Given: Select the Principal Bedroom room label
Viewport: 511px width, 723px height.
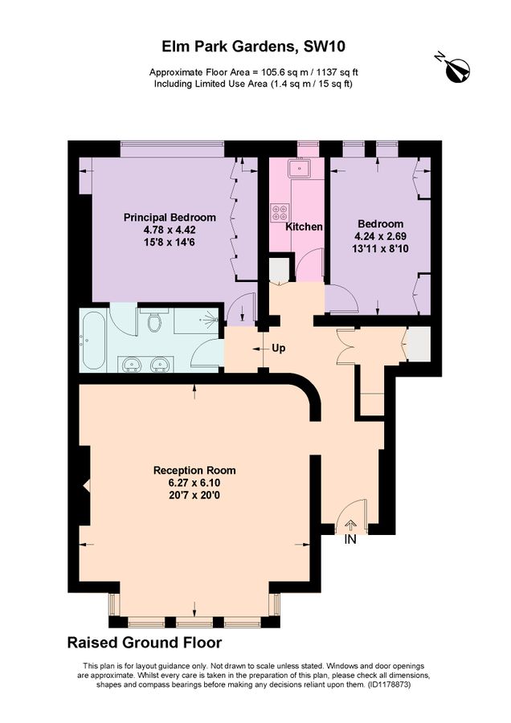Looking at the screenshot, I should (170, 217).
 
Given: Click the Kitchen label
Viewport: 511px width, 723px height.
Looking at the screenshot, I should (305, 227).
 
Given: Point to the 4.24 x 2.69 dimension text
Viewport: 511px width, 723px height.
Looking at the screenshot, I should (380, 237).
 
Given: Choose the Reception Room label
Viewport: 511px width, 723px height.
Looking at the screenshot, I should (194, 470).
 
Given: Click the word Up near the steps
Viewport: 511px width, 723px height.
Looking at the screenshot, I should (279, 349).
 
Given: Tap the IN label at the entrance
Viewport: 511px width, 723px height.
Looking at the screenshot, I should (350, 540).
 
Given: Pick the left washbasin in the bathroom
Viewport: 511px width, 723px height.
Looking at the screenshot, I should (131, 365).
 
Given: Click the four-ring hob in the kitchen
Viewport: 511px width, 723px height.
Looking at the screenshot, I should (280, 213).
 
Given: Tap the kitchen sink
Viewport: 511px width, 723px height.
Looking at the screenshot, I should (301, 169).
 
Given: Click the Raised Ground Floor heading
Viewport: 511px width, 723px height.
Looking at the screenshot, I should (144, 643).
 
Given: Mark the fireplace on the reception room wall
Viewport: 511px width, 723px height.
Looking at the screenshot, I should (84, 487).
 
